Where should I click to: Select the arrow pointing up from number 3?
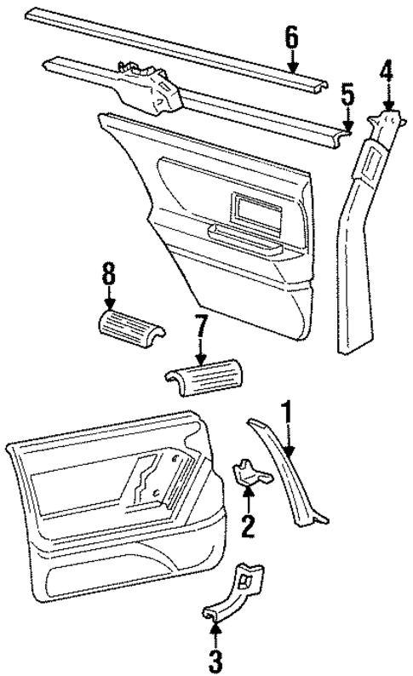click(215, 630)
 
